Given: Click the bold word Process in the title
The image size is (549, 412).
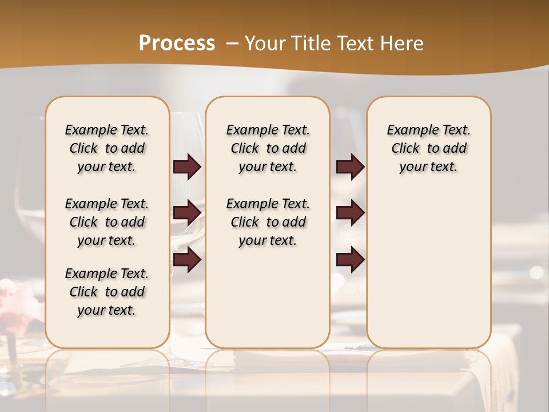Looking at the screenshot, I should point(177,43).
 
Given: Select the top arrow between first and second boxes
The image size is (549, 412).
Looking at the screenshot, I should point(187,167).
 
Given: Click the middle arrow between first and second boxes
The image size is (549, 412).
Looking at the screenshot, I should point(187,213).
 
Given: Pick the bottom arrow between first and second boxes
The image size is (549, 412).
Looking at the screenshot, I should point(187,259).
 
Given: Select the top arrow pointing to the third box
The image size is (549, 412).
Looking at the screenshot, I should point(350,167).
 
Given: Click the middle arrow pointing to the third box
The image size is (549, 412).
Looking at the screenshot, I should point(350,213).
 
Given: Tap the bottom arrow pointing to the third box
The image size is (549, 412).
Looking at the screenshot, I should point(350,259).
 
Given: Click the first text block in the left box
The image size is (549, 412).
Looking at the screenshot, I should point(107,148).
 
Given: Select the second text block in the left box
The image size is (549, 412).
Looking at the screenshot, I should point(107,222).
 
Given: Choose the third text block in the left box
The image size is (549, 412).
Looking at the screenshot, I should point(107,292).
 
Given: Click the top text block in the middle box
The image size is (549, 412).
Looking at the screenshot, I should point(268,148).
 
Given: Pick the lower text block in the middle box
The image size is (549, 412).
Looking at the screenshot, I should point(268,222).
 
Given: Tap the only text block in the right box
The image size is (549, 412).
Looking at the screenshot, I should point(429,148).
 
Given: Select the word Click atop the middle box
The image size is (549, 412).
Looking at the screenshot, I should point(245,149).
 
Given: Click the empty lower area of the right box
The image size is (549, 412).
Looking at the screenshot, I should point(429,269).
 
